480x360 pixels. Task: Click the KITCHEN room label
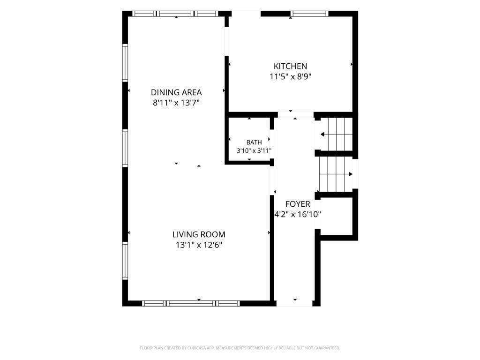pyautogui.click(x=290, y=66)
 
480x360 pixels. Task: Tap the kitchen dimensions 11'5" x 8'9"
pyautogui.click(x=290, y=76)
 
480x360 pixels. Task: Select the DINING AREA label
pyautogui.click(x=176, y=92)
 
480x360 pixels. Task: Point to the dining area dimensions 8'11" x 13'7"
pyautogui.click(x=176, y=103)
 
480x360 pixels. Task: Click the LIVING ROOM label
pyautogui.click(x=199, y=234)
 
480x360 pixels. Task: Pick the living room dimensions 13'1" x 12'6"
pyautogui.click(x=199, y=245)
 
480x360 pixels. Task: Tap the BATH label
pyautogui.click(x=254, y=142)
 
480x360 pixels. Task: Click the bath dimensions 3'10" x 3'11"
pyautogui.click(x=254, y=150)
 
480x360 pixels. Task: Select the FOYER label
pyautogui.click(x=298, y=204)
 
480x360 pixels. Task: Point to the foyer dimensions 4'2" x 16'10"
pyautogui.click(x=298, y=214)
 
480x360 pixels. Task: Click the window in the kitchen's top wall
pyautogui.click(x=309, y=14)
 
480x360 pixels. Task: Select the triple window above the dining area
pyautogui.click(x=175, y=14)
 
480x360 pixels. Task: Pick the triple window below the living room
pyautogui.click(x=191, y=303)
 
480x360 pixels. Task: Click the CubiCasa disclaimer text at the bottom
pyautogui.click(x=240, y=348)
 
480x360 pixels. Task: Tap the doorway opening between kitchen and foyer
pyautogui.click(x=296, y=115)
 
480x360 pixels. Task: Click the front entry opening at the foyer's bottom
pyautogui.click(x=294, y=303)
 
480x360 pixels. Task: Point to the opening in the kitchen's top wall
pyautogui.click(x=246, y=14)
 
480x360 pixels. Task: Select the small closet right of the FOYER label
pyautogui.click(x=336, y=216)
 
